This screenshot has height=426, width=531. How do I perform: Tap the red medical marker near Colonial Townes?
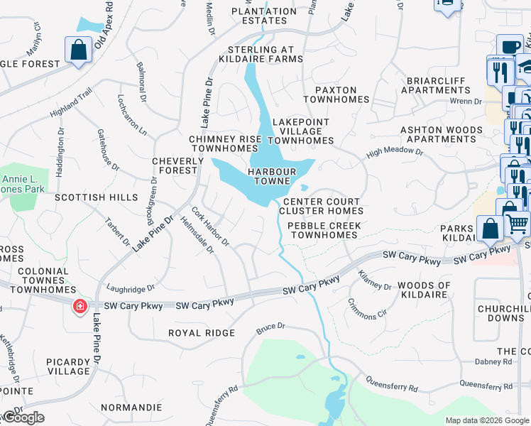(x=80, y=306)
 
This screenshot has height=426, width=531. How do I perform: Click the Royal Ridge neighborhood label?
(x=201, y=332)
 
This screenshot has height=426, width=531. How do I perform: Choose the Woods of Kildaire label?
(x=424, y=290)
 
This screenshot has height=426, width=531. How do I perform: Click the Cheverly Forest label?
(x=174, y=166)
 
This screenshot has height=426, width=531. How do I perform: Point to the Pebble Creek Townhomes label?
(x=324, y=230)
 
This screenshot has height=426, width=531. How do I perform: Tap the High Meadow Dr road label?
(x=395, y=153)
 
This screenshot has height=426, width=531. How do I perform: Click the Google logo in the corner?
(x=23, y=417)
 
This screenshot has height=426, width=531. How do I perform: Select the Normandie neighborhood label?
(x=131, y=408)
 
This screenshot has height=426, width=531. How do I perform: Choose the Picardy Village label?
(x=68, y=366)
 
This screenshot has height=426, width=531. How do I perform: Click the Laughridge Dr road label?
(x=131, y=289)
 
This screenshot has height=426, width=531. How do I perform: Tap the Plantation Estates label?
(x=263, y=16)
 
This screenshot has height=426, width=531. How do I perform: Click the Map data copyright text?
(x=486, y=420)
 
